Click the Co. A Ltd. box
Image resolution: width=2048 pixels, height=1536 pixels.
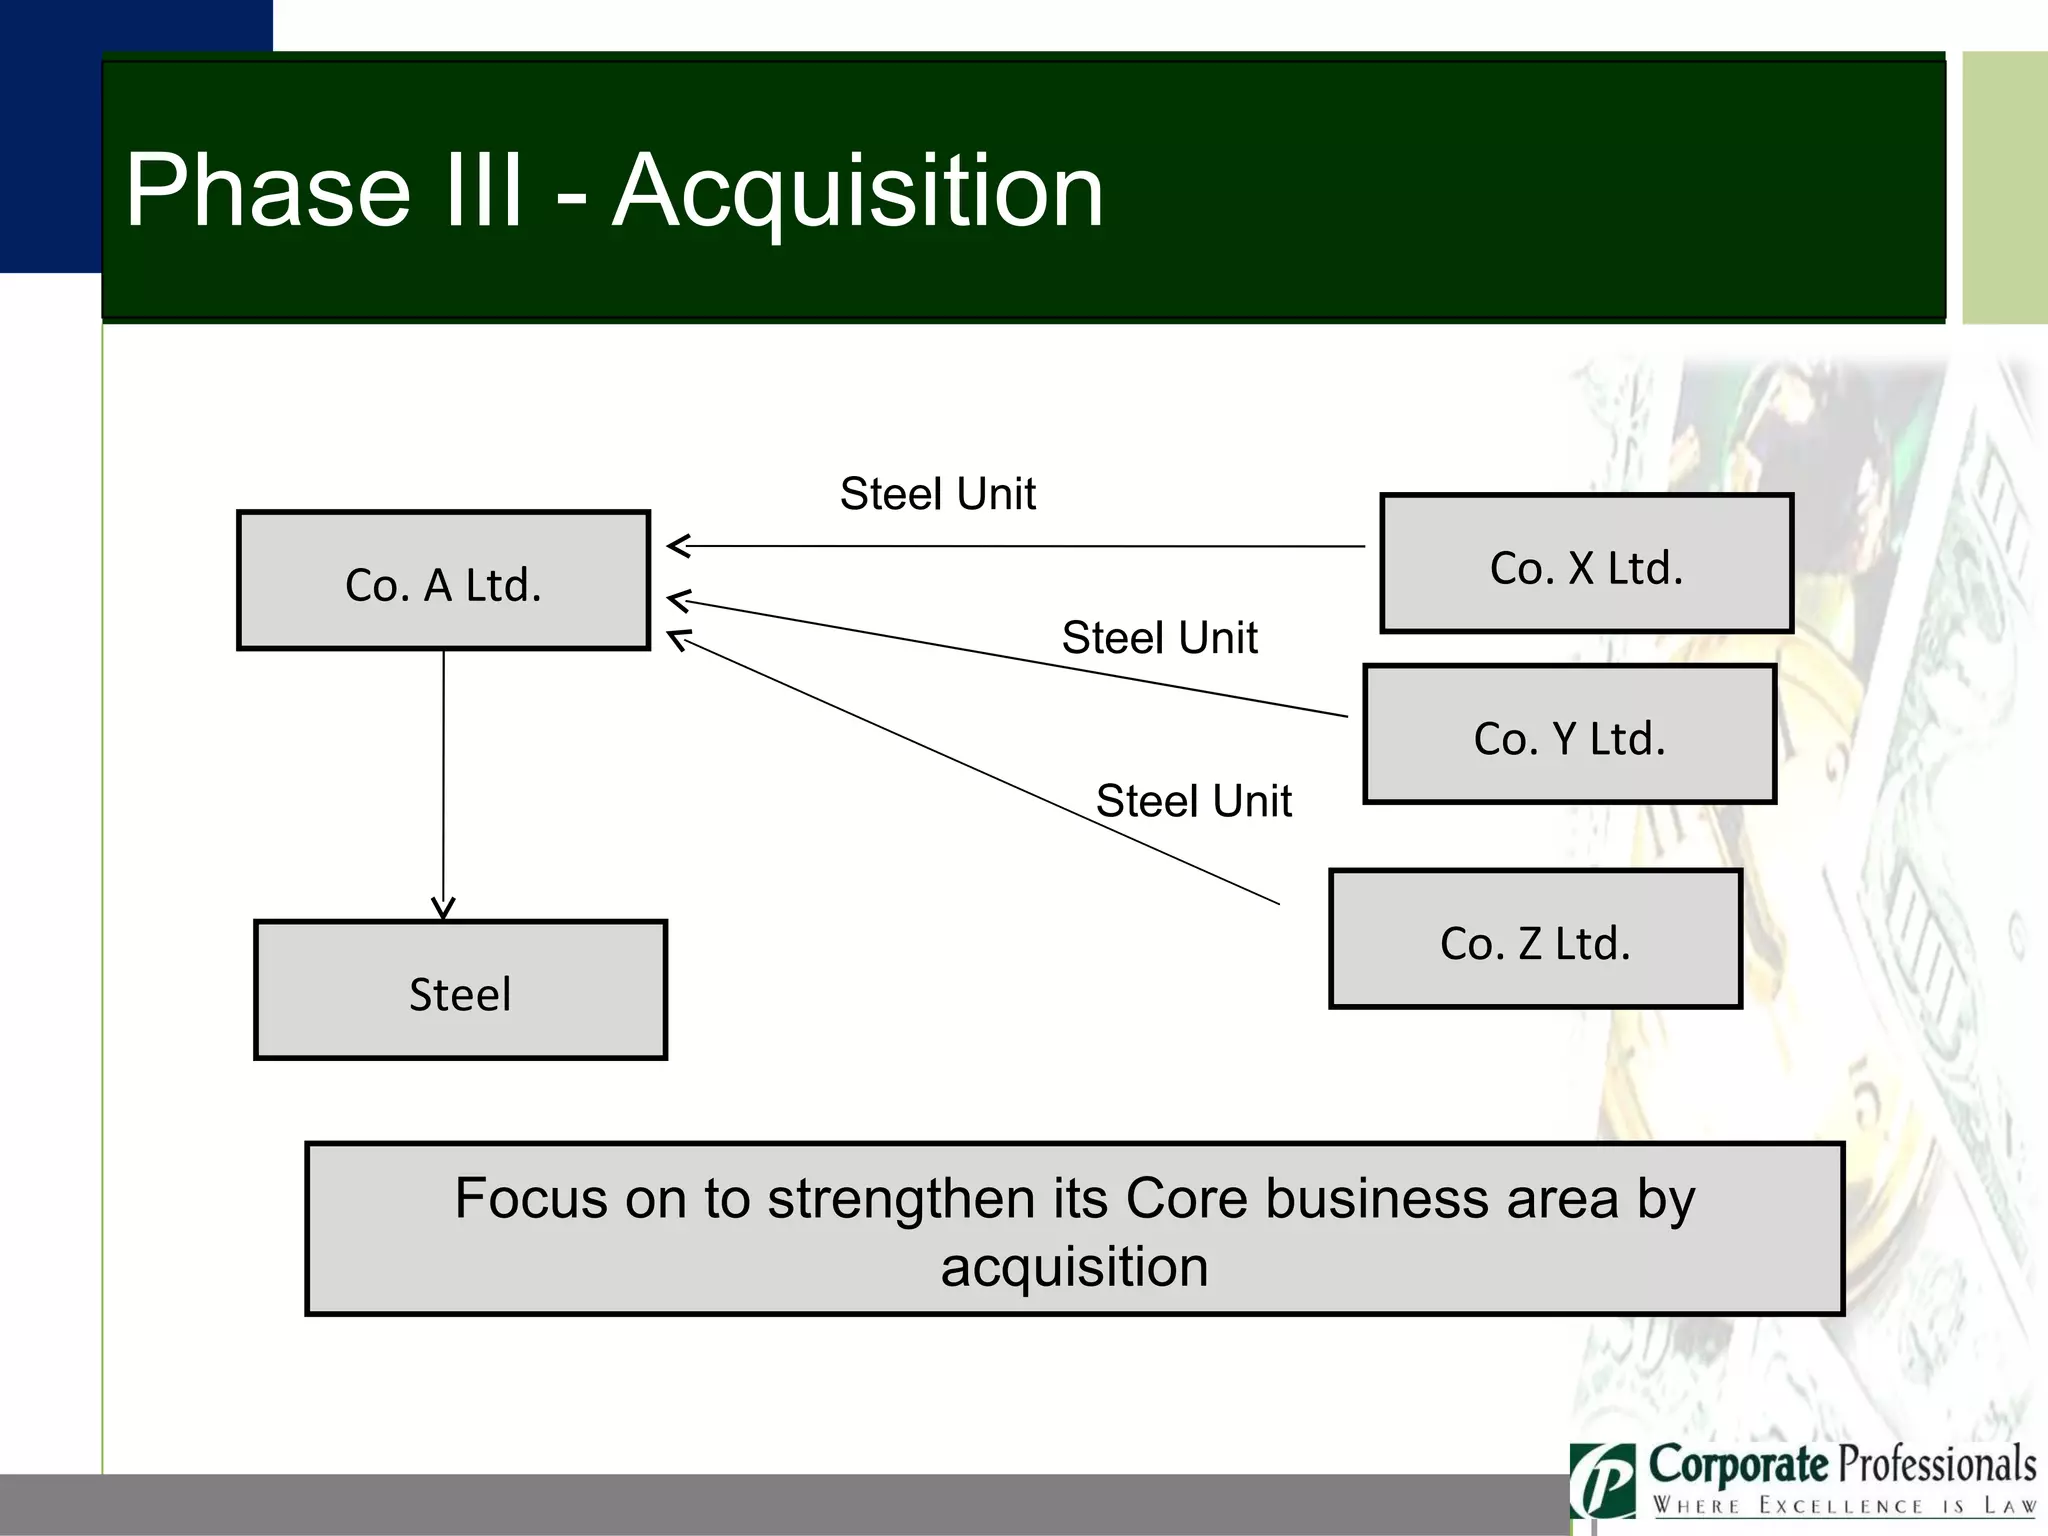tap(443, 581)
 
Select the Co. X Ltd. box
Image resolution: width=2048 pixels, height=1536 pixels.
tap(1586, 564)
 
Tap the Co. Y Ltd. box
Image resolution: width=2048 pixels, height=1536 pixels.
tap(1569, 735)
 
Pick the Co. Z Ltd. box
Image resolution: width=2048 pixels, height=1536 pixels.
tap(1535, 939)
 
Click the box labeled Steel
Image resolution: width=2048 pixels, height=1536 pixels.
tap(460, 990)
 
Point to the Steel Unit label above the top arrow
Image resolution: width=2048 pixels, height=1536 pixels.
tap(937, 494)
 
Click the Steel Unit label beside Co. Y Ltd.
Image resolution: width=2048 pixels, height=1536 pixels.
tap(1159, 638)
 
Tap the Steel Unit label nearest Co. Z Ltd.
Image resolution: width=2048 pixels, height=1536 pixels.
tap(1193, 801)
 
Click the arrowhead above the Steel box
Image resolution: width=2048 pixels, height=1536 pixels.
tap(443, 907)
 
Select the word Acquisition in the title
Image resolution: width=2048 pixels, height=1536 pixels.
tap(858, 191)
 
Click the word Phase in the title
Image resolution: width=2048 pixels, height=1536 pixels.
tap(268, 191)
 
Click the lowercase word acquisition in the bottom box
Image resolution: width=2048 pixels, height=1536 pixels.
tap(1074, 1267)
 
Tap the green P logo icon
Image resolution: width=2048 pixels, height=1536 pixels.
tap(1602, 1481)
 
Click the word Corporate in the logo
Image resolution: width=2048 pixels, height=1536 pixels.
tap(1738, 1465)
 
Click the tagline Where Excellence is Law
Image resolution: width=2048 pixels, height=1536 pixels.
tap(1844, 1506)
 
